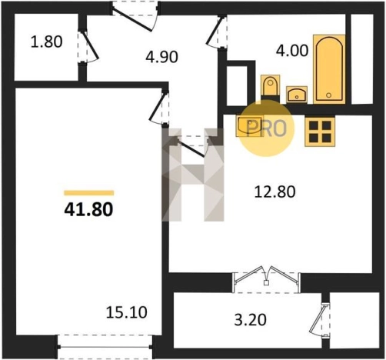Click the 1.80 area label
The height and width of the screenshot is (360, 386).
pos(46,42)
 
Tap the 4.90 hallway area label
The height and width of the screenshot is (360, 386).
pos(161,57)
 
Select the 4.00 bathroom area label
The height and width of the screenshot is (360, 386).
pos(292,50)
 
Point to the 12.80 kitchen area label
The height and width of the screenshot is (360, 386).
pos(275,192)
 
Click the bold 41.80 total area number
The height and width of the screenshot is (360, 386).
pos(88,209)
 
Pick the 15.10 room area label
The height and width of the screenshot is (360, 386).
pos(127,312)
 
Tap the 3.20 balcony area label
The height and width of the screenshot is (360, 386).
pos(251,320)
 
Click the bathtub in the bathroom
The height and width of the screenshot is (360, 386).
pos(329,69)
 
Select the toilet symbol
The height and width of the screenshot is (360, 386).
pos(270,86)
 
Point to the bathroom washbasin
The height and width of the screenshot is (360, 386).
pos(297,95)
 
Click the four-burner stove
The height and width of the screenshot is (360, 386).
pos(320,132)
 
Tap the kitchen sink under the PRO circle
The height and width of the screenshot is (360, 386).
pos(249,126)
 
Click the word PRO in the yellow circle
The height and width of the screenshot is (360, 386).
pos(266,128)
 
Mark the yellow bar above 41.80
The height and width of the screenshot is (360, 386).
pos(89,193)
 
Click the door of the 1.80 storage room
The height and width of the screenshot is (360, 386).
pos(87,47)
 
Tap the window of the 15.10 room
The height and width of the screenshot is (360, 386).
pos(105,347)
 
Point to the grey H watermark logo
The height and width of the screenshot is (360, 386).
pos(193,175)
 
